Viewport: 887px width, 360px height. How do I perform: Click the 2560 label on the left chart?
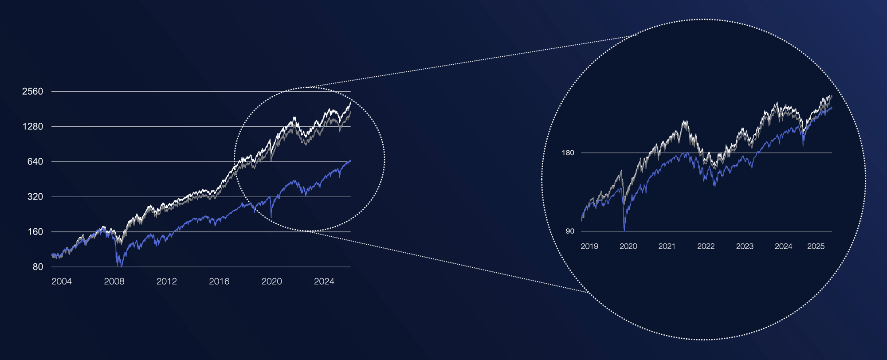[33, 92]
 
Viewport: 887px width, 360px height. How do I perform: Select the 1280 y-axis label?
[33, 127]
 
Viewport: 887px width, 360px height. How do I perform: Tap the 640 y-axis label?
[35, 162]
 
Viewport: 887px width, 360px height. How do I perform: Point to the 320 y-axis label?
[35, 197]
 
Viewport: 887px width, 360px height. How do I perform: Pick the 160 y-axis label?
[35, 232]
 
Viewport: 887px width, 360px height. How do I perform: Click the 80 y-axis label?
[38, 267]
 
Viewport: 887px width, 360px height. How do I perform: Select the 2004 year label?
[62, 282]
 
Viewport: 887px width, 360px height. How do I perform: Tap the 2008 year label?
[114, 282]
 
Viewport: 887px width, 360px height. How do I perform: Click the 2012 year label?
[167, 282]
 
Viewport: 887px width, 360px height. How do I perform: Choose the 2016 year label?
[219, 282]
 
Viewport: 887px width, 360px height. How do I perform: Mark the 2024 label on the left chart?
[324, 282]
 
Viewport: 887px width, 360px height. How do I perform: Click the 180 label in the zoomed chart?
[568, 153]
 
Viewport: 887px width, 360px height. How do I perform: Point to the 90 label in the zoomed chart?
[570, 231]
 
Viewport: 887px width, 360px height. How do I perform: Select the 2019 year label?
[589, 247]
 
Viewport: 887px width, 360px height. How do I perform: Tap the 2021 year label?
[667, 247]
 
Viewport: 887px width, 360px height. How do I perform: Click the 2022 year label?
[706, 247]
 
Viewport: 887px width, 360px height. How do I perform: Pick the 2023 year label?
[745, 247]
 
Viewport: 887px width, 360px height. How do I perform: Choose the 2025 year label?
[816, 247]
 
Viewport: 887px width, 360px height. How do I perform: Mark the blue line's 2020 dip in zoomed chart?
[624, 230]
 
